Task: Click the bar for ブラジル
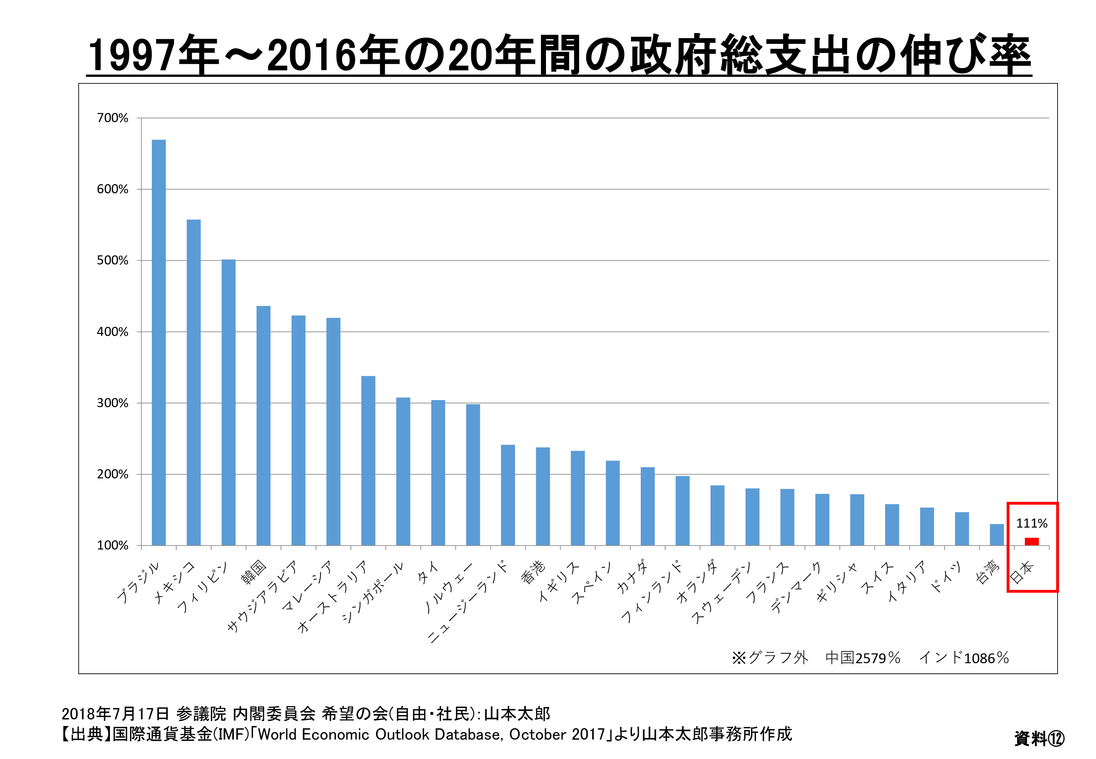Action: pos(159,342)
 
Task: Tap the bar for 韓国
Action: pos(263,426)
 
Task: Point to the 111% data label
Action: pos(1031,524)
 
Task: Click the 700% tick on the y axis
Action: pos(113,118)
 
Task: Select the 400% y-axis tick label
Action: pos(113,332)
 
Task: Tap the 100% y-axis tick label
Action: pos(113,545)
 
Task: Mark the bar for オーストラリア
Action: pos(368,461)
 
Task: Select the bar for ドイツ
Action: pos(961,529)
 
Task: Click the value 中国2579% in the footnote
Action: pos(863,658)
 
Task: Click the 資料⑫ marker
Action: pos(1039,738)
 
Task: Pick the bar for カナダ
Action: pos(647,506)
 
